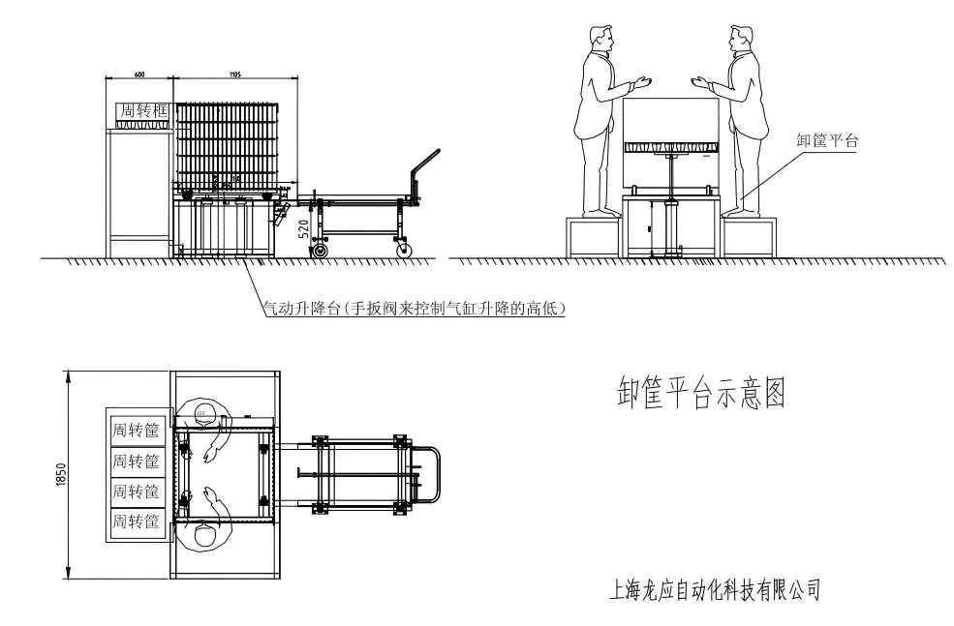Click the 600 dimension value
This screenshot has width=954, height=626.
139,74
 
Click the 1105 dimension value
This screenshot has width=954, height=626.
235,74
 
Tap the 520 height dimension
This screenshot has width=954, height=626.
305,229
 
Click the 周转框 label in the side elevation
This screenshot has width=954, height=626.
142,112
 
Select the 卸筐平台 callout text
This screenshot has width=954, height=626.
827,140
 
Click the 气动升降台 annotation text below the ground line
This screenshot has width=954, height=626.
414,309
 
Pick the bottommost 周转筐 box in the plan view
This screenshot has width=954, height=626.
136,522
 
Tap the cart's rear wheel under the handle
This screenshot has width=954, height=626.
406,250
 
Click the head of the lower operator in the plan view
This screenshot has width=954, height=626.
203,533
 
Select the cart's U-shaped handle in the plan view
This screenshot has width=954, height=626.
430,474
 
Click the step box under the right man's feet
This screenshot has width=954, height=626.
750,235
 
